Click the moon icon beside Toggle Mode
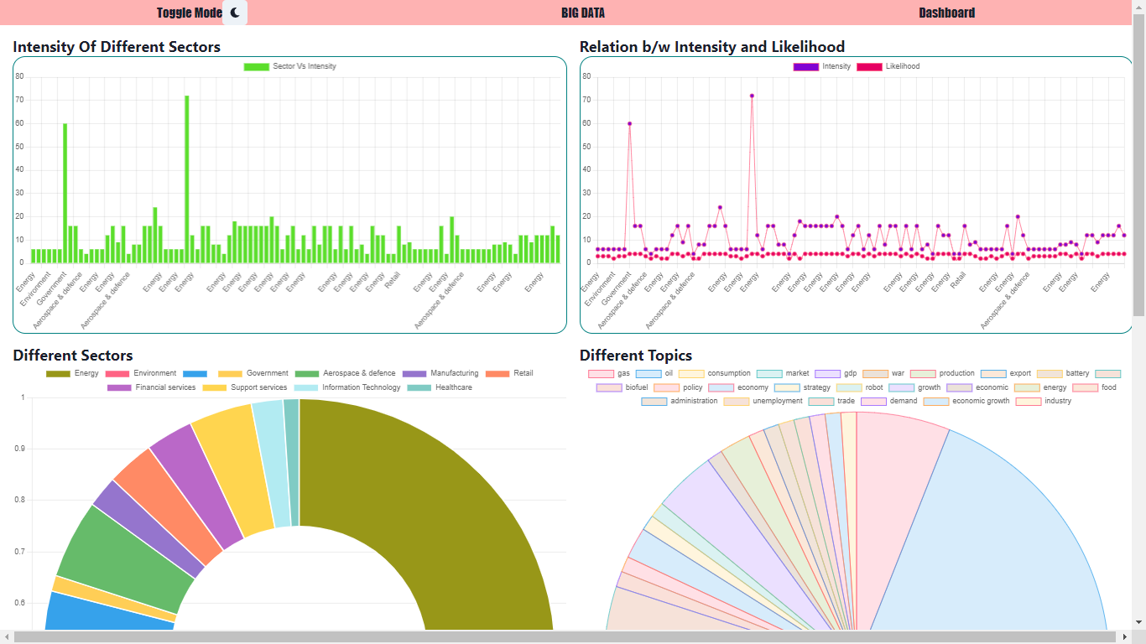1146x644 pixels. point(235,13)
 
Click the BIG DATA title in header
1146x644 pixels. point(583,13)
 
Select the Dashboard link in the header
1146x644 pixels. point(946,13)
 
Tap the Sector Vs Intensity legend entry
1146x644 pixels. point(290,66)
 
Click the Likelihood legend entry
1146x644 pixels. point(888,66)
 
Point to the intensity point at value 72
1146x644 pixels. point(752,96)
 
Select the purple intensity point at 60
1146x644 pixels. point(629,123)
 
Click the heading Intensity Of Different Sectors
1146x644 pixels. point(117,47)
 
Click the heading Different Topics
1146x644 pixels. point(636,356)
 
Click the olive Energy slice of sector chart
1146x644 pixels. point(436,503)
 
